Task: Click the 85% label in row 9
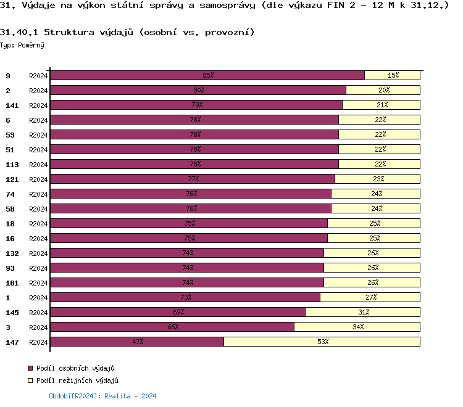pyautogui.click(x=208, y=75)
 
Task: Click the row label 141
pyautogui.click(x=12, y=105)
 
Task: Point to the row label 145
pyautogui.click(x=12, y=313)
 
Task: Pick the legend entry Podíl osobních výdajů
pyautogui.click(x=76, y=368)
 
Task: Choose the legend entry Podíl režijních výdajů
pyautogui.click(x=77, y=381)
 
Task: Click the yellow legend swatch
pyautogui.click(x=30, y=381)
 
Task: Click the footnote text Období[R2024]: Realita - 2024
pyautogui.click(x=102, y=396)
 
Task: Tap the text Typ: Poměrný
pyautogui.click(x=22, y=45)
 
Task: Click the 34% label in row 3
pyautogui.click(x=358, y=327)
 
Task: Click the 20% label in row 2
pyautogui.click(x=383, y=90)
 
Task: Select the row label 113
pyautogui.click(x=12, y=165)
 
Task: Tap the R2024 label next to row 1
pyautogui.click(x=38, y=298)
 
